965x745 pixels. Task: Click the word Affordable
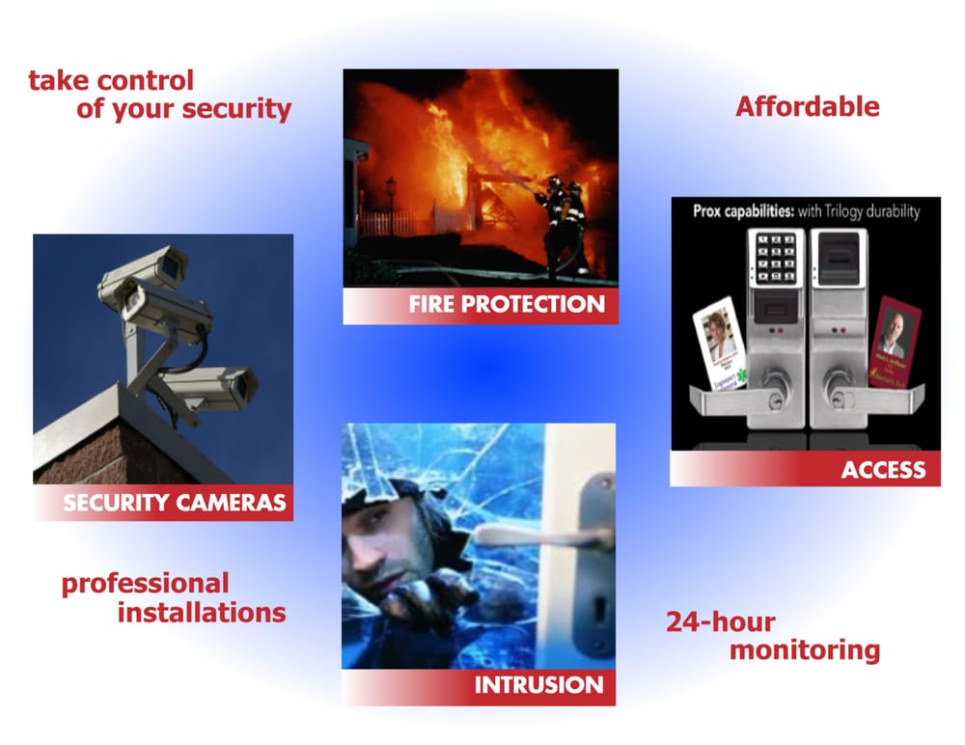(x=807, y=106)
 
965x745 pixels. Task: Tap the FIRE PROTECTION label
(x=507, y=305)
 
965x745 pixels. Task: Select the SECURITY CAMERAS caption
(x=174, y=502)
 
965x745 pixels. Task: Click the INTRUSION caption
(x=538, y=685)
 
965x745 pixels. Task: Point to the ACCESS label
(x=883, y=470)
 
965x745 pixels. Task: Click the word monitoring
(x=804, y=650)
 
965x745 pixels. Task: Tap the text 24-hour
(x=720, y=621)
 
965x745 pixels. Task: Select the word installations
(x=202, y=612)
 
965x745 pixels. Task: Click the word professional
(x=145, y=583)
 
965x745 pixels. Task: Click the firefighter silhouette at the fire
(x=561, y=222)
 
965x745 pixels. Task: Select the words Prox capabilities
(x=743, y=211)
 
